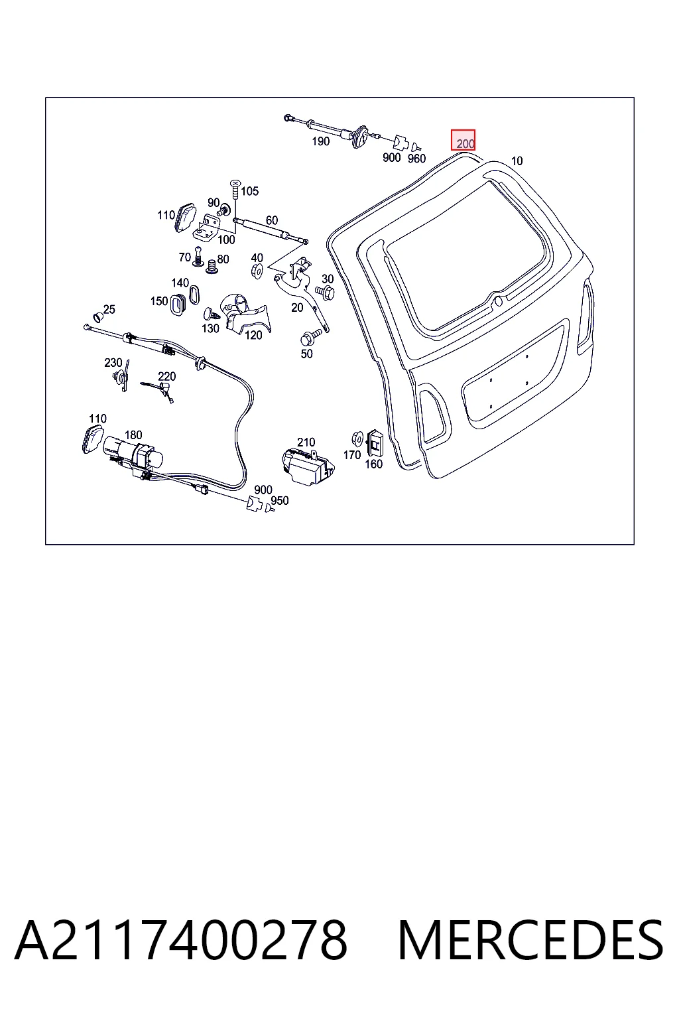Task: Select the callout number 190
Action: pyautogui.click(x=321, y=141)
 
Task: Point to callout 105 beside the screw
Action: pyautogui.click(x=250, y=191)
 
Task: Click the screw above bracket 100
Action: pyautogui.click(x=235, y=189)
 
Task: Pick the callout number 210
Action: pyautogui.click(x=306, y=442)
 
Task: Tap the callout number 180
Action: pyautogui.click(x=133, y=435)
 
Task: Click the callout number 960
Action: pyautogui.click(x=416, y=159)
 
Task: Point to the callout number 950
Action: pyautogui.click(x=280, y=500)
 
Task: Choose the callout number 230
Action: pyautogui.click(x=113, y=363)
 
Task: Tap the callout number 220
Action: pyautogui.click(x=167, y=376)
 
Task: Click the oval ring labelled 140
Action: pyautogui.click(x=194, y=295)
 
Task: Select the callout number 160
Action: pyautogui.click(x=374, y=464)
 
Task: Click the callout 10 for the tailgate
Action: pyautogui.click(x=517, y=161)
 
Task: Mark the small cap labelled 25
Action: pyautogui.click(x=97, y=316)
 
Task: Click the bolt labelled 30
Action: pyautogui.click(x=326, y=292)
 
